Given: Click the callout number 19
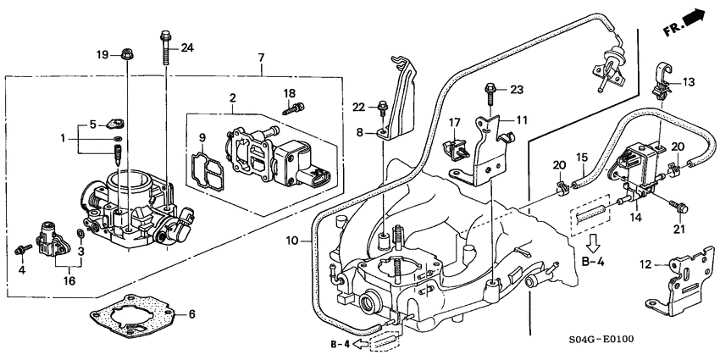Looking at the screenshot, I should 102,54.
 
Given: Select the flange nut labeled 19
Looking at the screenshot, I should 125,54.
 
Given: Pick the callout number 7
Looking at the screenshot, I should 261,58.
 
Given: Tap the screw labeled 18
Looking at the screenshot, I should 296,108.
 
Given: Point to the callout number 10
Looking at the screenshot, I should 291,241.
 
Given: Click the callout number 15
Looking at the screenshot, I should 581,158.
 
